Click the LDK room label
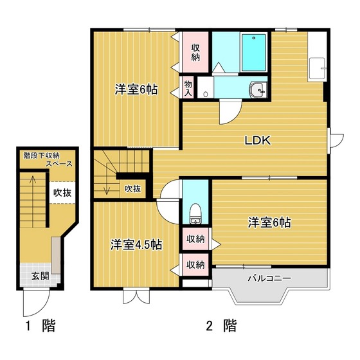pyautogui.click(x=258, y=141)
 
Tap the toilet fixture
pyautogui.click(x=196, y=213)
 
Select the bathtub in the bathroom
pyautogui.click(x=254, y=53)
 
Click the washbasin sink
pyautogui.click(x=258, y=90)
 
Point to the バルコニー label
pyautogui.click(x=269, y=278)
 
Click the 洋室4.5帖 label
pyautogui.click(x=136, y=245)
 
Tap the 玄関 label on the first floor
pyautogui.click(x=40, y=276)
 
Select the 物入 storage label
pyautogui.click(x=188, y=89)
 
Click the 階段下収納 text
pyautogui.click(x=42, y=156)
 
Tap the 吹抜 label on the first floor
pyautogui.click(x=62, y=193)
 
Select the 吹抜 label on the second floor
pyautogui.click(x=132, y=189)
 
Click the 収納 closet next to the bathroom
pyautogui.click(x=195, y=53)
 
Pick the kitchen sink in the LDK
pyautogui.click(x=318, y=68)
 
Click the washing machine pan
pyautogui.click(x=206, y=87)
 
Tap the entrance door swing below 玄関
pyautogui.click(x=36, y=303)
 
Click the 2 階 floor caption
pyautogui.click(x=221, y=326)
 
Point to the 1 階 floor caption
pyautogui.click(x=41, y=326)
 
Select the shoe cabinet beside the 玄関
pyautogui.click(x=56, y=255)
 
